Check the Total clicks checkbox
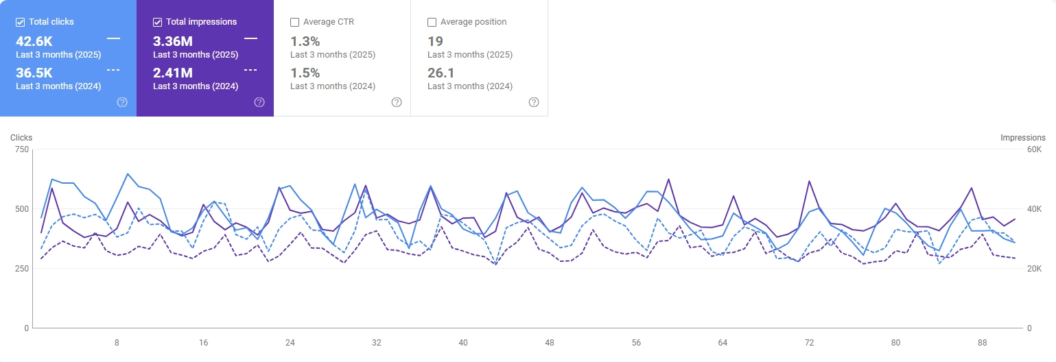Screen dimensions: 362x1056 pyautogui.click(x=21, y=22)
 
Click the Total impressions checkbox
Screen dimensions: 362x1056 pyautogui.click(x=158, y=22)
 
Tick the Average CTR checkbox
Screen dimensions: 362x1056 pyautogui.click(x=295, y=22)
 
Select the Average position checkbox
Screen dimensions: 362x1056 pyautogui.click(x=432, y=22)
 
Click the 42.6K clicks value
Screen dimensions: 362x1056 pyautogui.click(x=34, y=41)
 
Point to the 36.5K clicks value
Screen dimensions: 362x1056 pyautogui.click(x=34, y=73)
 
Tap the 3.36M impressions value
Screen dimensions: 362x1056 pyautogui.click(x=172, y=41)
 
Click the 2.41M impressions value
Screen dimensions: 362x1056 pyautogui.click(x=172, y=73)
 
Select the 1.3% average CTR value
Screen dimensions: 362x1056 pyautogui.click(x=305, y=41)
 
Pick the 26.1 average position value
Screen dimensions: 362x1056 pyautogui.click(x=441, y=73)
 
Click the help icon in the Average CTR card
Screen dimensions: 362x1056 pyautogui.click(x=397, y=102)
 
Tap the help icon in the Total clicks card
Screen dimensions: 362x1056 pyautogui.click(x=122, y=102)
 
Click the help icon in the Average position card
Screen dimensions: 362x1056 pyautogui.click(x=534, y=102)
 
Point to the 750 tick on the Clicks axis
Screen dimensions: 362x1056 pyautogui.click(x=21, y=149)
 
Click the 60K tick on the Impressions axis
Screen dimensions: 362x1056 pyautogui.click(x=1035, y=149)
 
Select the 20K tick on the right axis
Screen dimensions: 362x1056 pyautogui.click(x=1035, y=269)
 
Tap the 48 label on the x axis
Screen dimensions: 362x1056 pyautogui.click(x=550, y=342)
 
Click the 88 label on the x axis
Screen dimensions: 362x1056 pyautogui.click(x=983, y=342)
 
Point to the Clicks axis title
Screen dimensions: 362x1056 pyautogui.click(x=21, y=138)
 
